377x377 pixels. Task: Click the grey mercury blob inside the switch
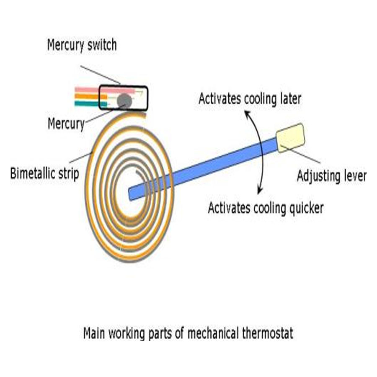(x=124, y=101)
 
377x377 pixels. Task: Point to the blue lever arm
(x=209, y=168)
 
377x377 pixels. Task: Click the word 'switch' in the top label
(x=101, y=45)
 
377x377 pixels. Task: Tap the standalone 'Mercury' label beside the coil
(x=66, y=124)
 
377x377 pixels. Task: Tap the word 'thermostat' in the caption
(x=268, y=334)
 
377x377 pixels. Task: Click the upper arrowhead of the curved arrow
(x=247, y=114)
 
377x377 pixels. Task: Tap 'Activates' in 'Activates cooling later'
(x=217, y=99)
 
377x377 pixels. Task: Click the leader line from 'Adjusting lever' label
(x=302, y=155)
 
